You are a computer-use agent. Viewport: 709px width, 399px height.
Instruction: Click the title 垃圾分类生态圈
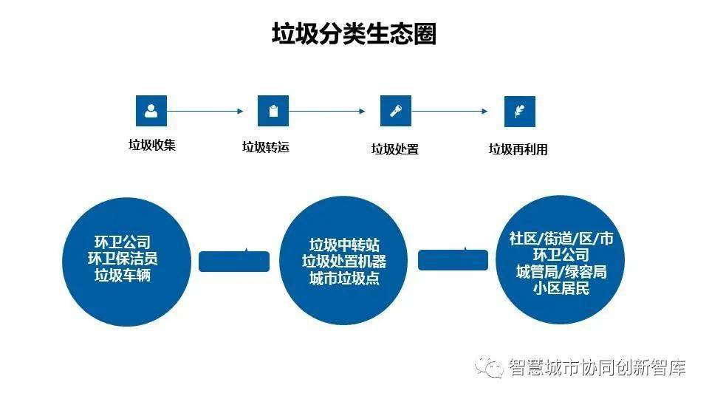354,34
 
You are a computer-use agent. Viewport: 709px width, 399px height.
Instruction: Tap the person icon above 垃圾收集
151,111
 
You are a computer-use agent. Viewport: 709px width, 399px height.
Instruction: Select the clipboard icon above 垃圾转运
273,111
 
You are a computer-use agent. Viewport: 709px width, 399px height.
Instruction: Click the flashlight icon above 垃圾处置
395,111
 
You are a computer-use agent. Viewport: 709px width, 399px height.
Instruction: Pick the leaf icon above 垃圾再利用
519,112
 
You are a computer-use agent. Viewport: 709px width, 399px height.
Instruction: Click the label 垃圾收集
152,146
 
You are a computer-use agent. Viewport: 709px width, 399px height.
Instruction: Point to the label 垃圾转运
266,147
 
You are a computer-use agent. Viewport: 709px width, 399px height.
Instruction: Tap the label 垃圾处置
394,149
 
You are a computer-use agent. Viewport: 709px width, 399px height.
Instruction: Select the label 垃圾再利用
518,149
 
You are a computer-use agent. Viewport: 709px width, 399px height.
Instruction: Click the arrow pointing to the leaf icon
450,112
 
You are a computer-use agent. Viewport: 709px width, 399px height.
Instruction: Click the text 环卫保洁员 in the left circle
123,259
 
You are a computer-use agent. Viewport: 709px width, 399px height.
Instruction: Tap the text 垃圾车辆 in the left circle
123,276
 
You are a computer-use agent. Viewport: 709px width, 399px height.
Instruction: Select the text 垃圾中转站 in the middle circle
344,245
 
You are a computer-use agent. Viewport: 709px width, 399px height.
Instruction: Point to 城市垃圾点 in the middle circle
344,279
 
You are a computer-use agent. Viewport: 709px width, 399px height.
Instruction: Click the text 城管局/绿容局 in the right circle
561,272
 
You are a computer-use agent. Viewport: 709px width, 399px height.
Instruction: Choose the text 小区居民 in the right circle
561,289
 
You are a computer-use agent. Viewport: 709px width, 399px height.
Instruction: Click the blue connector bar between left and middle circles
235,261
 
